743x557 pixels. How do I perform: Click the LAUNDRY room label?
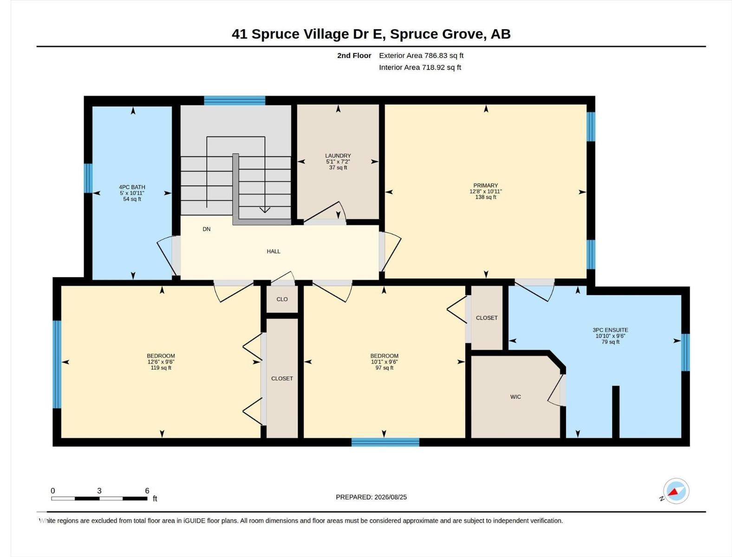tap(338, 155)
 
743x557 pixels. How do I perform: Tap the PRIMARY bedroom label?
tap(485, 185)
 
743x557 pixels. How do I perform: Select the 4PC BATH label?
tap(132, 187)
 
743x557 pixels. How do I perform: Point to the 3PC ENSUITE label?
tap(610, 330)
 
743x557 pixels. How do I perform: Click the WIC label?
tap(515, 397)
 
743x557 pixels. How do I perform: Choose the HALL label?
tap(274, 251)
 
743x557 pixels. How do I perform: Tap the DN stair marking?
tap(207, 229)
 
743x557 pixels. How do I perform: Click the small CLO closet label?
tap(282, 299)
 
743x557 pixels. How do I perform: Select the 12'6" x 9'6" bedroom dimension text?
tap(161, 362)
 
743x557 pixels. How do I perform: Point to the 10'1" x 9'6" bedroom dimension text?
tap(384, 362)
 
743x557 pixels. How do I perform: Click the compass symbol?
tap(676, 491)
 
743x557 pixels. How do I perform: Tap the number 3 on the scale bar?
tap(99, 491)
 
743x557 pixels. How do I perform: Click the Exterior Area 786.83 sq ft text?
tap(421, 55)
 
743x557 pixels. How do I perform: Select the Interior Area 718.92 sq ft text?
tap(420, 67)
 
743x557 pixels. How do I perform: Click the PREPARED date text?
tap(371, 497)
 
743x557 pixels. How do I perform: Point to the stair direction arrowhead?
tap(265, 210)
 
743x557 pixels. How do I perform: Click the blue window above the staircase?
tap(235, 100)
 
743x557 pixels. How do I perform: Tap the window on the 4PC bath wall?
tap(88, 178)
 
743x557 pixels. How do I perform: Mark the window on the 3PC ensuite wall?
tap(685, 352)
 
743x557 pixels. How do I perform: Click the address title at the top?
tap(371, 34)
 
